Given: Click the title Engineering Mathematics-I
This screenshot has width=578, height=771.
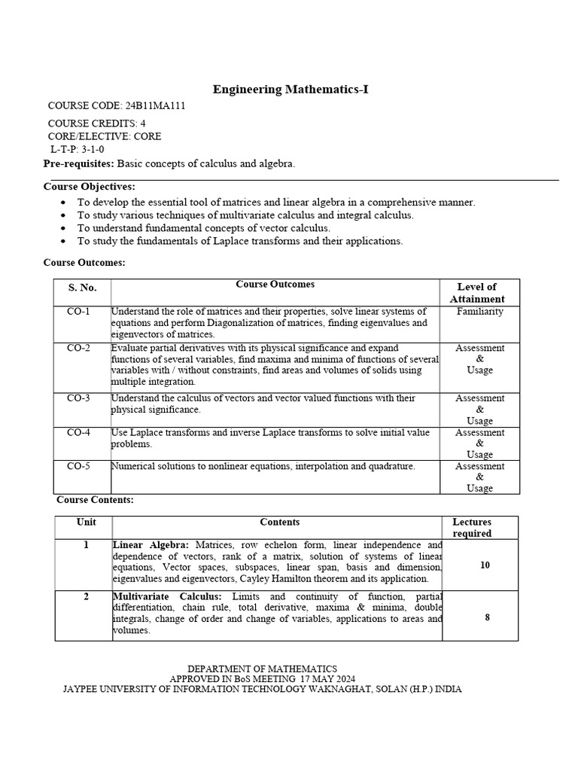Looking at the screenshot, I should (291, 90).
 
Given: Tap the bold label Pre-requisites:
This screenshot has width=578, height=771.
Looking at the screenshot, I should (78, 163).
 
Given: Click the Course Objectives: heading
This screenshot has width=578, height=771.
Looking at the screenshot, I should (89, 187).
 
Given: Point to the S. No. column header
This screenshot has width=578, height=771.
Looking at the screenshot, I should (83, 288).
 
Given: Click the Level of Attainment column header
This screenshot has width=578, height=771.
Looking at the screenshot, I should (477, 292).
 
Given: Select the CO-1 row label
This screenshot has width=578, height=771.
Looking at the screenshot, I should (78, 311).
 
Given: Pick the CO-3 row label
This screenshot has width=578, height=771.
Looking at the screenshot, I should (78, 398).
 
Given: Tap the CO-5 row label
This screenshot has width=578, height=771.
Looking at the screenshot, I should (78, 466).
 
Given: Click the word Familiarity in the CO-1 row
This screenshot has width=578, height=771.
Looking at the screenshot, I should (479, 311).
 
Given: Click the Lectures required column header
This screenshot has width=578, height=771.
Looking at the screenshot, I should (472, 527).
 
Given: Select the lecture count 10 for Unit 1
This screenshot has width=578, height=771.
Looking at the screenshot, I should (485, 565).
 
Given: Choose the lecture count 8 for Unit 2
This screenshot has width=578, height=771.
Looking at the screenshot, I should (488, 617).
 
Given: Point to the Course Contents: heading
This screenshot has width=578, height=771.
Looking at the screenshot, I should (95, 500).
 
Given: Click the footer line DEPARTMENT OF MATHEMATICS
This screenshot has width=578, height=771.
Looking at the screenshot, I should (262, 669).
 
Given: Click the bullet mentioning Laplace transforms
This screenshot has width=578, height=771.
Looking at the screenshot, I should (240, 241).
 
